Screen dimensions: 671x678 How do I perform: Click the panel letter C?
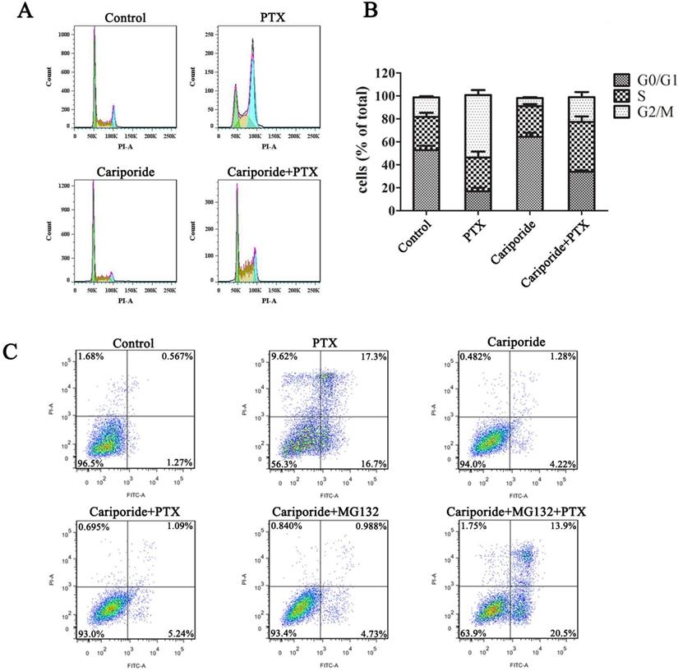[x=12, y=352]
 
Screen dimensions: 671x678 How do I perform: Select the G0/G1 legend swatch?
[x=621, y=80]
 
